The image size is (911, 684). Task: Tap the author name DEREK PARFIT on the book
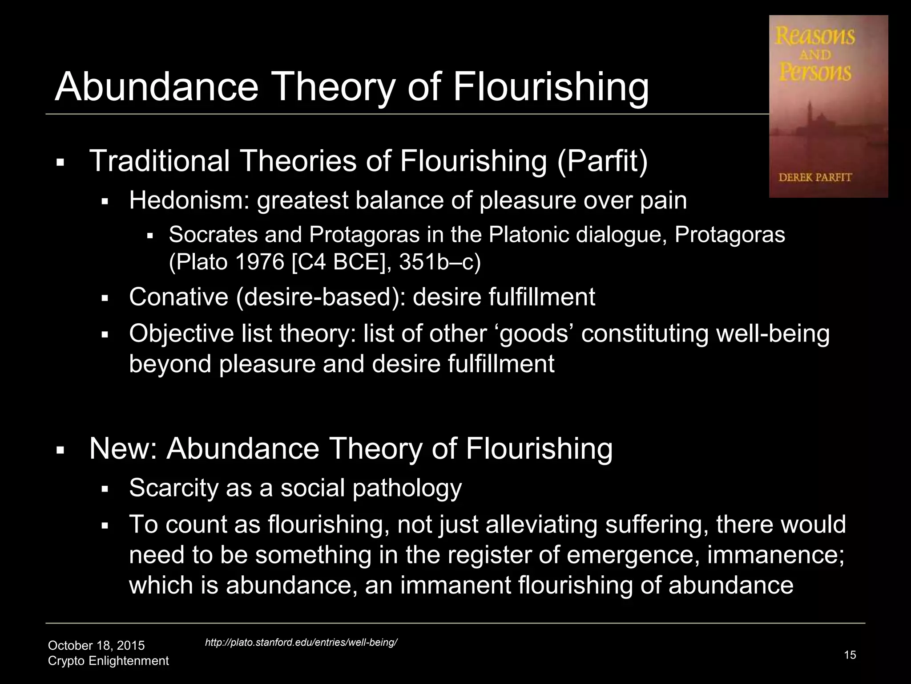click(815, 177)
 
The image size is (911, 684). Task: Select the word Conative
click(178, 297)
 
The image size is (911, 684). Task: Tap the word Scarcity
click(173, 488)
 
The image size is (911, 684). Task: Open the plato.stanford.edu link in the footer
click(301, 642)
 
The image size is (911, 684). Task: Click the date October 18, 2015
click(96, 645)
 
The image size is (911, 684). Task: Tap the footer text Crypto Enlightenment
click(108, 660)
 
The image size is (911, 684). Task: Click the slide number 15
click(850, 655)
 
